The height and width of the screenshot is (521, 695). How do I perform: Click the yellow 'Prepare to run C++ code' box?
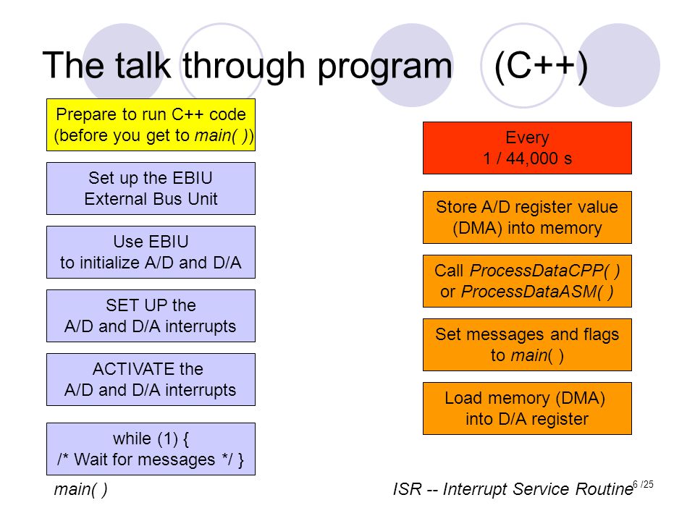151,125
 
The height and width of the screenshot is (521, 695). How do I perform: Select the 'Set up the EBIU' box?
151,188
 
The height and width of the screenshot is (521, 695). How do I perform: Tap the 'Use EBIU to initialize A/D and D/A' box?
151,252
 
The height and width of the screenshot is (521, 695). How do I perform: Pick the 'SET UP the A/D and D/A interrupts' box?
151,316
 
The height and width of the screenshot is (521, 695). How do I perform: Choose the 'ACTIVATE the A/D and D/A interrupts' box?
151,380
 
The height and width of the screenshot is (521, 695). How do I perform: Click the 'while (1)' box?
151,449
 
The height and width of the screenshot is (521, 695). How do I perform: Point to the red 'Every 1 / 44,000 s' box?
527,148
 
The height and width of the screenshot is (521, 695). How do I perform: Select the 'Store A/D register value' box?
527,218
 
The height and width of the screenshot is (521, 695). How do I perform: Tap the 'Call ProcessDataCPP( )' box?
527,281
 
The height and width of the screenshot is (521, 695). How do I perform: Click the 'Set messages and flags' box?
527,344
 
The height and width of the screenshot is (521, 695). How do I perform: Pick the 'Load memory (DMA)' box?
527,408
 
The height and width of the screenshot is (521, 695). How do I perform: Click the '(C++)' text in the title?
542,67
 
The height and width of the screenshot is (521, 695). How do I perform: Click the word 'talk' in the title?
143,65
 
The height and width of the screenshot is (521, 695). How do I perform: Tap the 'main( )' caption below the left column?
80,490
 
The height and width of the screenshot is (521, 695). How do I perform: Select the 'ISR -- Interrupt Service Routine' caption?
513,489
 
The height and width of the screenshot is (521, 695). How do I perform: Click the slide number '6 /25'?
643,484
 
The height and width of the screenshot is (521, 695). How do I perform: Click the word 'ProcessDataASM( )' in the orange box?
538,292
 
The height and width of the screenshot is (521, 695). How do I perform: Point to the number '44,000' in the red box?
532,158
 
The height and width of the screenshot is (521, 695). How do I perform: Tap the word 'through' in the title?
244,67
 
